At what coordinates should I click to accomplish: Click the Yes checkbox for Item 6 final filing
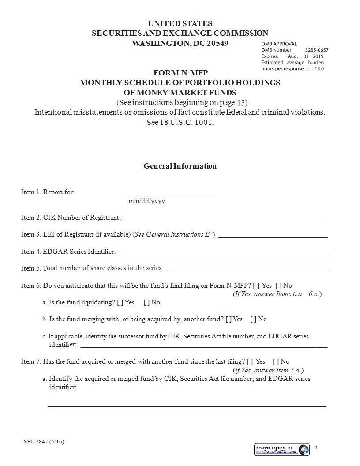[x=256, y=286]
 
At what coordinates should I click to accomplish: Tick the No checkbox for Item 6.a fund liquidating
[x=146, y=302]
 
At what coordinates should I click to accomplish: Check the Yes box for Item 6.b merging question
[x=228, y=319]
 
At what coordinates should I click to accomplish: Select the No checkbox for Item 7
[x=276, y=361]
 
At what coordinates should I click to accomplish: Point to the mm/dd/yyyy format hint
[x=146, y=201]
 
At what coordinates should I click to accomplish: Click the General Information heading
[x=180, y=166]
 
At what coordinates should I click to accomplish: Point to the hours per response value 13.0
[x=319, y=68]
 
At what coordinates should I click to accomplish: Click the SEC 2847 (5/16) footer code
[x=44, y=442]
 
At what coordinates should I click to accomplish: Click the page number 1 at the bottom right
[x=316, y=447]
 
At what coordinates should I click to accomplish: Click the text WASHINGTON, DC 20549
[x=180, y=43]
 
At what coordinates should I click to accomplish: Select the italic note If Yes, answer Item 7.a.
[x=268, y=370]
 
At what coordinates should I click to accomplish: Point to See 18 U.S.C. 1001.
[x=180, y=122]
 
